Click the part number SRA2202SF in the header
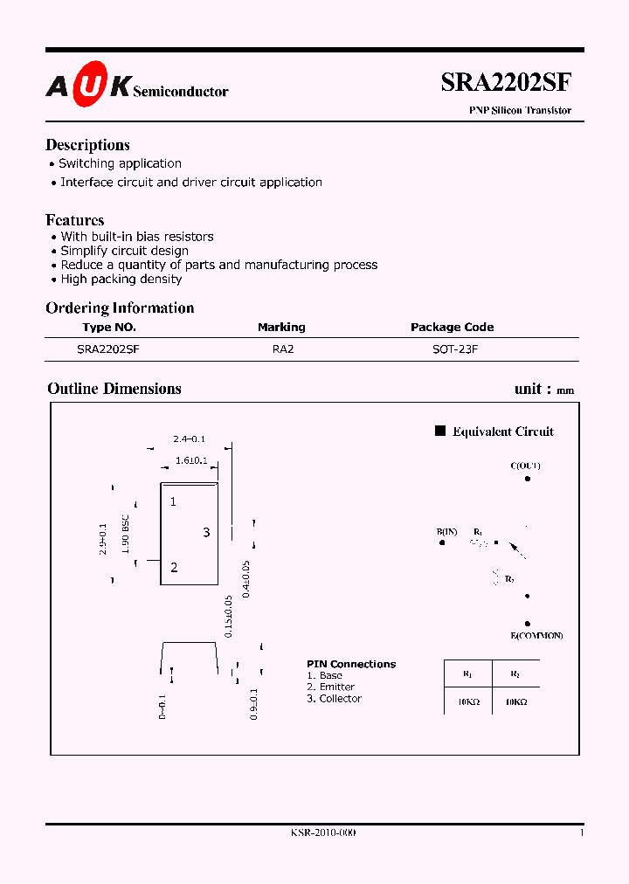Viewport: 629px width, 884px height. [x=507, y=83]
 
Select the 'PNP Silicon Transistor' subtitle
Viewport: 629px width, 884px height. [x=521, y=111]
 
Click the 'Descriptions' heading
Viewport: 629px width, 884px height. [x=87, y=145]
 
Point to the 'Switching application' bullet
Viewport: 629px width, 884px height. [x=120, y=163]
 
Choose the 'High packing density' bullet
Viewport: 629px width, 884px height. [x=121, y=279]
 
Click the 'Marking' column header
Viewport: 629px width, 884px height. [x=281, y=327]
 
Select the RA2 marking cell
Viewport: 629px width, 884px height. [x=282, y=349]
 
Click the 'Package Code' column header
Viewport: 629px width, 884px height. [x=452, y=327]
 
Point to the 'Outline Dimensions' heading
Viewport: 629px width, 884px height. [x=114, y=389]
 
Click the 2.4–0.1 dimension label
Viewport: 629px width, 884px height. [x=189, y=439]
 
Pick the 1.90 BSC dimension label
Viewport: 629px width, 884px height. [x=127, y=535]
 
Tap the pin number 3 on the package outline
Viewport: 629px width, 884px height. [x=206, y=532]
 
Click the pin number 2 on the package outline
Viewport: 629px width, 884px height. [x=174, y=567]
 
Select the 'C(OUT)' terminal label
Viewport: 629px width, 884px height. [x=525, y=466]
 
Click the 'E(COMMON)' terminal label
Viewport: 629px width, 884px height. [x=536, y=635]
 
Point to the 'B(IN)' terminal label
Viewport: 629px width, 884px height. [x=446, y=531]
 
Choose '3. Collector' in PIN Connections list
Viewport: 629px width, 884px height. [x=334, y=698]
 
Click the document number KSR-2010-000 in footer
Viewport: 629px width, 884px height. [x=322, y=832]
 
